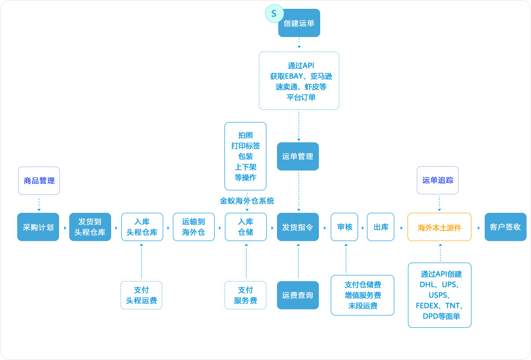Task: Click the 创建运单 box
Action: click(299, 23)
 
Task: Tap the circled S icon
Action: click(273, 14)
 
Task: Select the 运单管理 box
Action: click(298, 156)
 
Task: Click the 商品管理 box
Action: click(39, 181)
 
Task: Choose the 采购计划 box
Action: click(38, 227)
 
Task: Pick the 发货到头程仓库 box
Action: click(90, 227)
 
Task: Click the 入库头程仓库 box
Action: click(142, 227)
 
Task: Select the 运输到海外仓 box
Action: click(194, 227)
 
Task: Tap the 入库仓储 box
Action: click(246, 227)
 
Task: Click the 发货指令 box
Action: click(298, 227)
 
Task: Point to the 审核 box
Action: click(344, 227)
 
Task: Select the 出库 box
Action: click(381, 227)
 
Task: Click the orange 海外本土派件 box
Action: click(439, 227)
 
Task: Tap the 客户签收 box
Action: click(505, 227)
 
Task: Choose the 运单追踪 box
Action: click(438, 180)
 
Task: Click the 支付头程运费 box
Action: click(141, 295)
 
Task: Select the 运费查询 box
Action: click(298, 295)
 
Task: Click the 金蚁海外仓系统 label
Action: click(247, 201)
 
